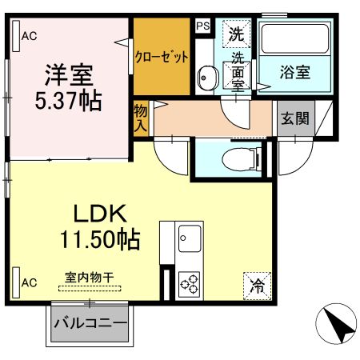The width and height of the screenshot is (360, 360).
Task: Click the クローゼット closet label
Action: click(162, 57)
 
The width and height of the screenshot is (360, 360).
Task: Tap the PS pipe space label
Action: click(203, 25)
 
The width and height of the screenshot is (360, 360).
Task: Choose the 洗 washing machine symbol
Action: click(236, 34)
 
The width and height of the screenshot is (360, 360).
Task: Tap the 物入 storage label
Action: click(142, 118)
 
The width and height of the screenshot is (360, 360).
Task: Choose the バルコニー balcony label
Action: click(90, 325)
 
